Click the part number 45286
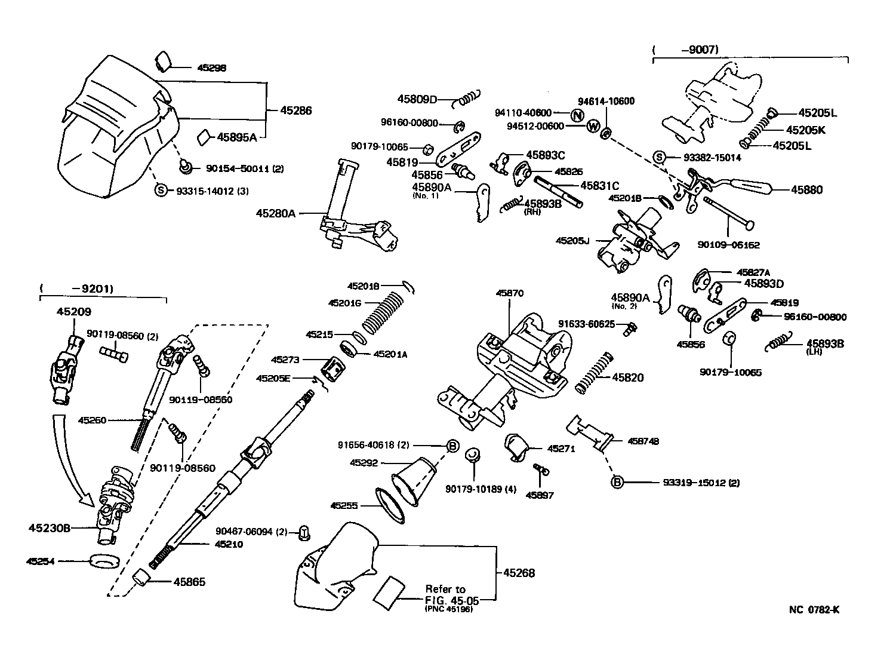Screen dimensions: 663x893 [296, 110]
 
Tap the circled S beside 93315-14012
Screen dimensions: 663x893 [161, 190]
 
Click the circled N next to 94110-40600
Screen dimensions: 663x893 [577, 116]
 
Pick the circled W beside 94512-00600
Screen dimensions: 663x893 [593, 126]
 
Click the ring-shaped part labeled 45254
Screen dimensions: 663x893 [103, 561]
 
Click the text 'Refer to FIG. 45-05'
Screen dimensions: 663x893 [446, 594]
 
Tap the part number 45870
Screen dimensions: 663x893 [509, 293]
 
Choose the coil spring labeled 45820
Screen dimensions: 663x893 [594, 372]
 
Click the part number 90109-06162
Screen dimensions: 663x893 [729, 245]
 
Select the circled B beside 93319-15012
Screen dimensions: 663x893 [617, 481]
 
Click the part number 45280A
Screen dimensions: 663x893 [276, 213]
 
